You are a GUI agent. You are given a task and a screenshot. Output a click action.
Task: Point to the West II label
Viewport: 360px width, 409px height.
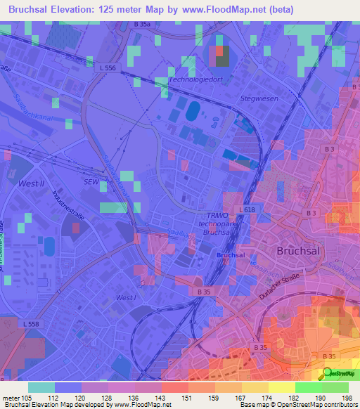click(x=31, y=183)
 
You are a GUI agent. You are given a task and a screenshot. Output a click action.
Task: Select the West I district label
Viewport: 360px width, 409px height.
click(x=126, y=298)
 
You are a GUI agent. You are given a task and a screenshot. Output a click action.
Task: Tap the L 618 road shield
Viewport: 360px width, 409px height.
click(x=246, y=210)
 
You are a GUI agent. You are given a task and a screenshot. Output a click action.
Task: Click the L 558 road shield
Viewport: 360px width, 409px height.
click(x=31, y=323)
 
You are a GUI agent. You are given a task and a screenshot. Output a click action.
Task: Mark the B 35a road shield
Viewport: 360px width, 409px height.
click(x=142, y=25)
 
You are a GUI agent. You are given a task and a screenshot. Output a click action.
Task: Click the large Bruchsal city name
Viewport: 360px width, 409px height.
click(x=299, y=250)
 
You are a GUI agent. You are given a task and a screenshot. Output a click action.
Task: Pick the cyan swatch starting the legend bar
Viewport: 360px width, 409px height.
click(x=41, y=387)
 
